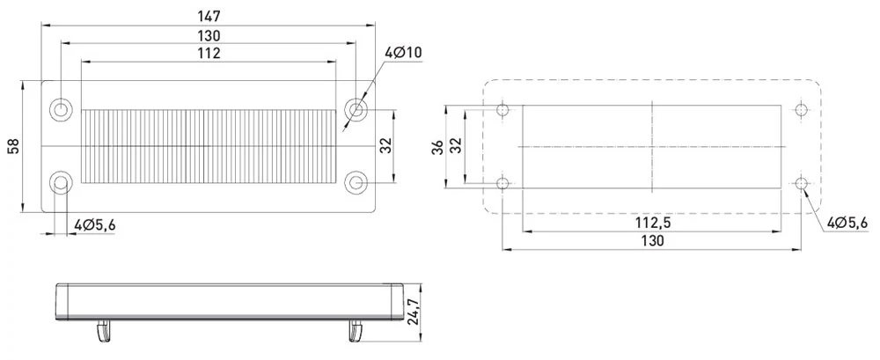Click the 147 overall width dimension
(x=209, y=16)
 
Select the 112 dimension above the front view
(x=209, y=54)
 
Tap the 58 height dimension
(x=13, y=146)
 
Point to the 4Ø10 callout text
(x=403, y=53)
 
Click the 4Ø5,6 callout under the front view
(x=95, y=225)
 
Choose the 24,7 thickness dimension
(x=413, y=312)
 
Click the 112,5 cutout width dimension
(x=653, y=223)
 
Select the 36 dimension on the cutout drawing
(x=438, y=147)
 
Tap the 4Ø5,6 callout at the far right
(x=847, y=223)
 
